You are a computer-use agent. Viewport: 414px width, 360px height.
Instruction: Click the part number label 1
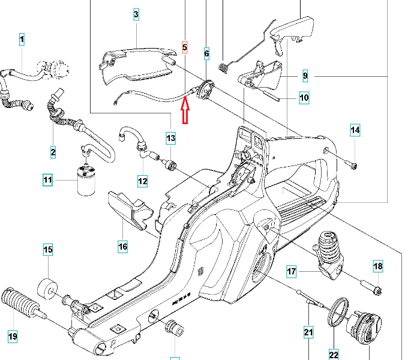pos(22,40)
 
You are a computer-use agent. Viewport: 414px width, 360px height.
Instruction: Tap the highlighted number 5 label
pos(185,46)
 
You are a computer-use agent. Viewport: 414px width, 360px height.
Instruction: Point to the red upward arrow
pos(185,110)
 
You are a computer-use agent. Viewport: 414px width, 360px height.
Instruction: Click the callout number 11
pos(48,179)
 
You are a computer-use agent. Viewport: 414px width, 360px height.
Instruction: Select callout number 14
pos(355,130)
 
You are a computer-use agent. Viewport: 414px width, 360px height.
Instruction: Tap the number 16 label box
pos(122,246)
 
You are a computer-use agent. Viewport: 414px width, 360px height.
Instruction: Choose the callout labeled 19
pos(12,336)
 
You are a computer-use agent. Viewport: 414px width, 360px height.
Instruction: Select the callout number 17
pos(292,272)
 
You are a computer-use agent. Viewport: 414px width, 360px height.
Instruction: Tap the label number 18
pos(378,266)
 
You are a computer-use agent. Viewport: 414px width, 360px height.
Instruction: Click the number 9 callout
pos(305,76)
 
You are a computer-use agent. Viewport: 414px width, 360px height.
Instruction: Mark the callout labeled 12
pos(142,181)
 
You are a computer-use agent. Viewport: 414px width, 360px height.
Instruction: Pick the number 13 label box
pos(171,139)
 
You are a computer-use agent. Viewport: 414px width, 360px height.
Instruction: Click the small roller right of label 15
pos(48,287)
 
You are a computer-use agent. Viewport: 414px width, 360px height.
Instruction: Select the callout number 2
pos(53,152)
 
